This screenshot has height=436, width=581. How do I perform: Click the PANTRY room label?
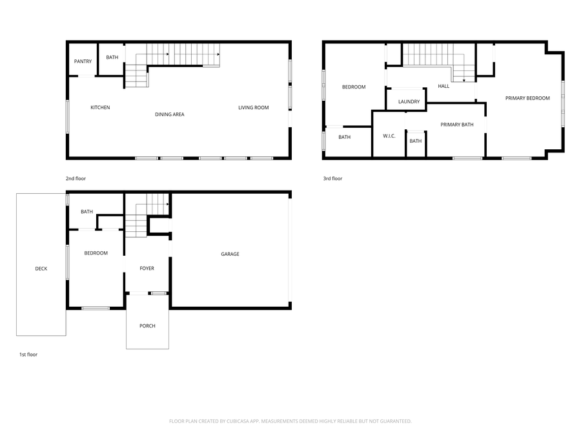point(83,61)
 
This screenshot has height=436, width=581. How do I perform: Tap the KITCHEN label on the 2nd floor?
point(100,107)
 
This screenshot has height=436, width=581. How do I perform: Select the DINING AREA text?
point(170,114)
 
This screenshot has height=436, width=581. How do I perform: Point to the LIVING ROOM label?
point(253,107)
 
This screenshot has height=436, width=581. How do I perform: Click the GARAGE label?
point(230,254)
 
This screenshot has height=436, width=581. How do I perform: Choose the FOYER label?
point(147,268)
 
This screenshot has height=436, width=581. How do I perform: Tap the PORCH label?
point(147,326)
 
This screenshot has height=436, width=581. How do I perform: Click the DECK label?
point(41,269)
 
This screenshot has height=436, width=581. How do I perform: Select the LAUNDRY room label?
point(409,101)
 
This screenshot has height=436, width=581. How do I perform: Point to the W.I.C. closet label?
point(389,136)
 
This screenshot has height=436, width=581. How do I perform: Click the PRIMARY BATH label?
point(457,124)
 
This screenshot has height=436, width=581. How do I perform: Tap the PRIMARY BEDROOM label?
point(527,98)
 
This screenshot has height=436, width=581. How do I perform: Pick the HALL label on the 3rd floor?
point(443,86)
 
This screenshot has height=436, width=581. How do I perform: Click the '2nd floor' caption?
point(76,178)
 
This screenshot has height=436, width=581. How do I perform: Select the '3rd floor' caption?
point(332,178)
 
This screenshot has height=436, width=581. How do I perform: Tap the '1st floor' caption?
point(28,354)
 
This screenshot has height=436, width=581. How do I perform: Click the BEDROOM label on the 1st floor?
point(96,253)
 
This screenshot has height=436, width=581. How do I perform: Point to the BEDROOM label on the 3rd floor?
point(354,87)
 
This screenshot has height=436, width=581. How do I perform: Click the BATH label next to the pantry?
point(112,57)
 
